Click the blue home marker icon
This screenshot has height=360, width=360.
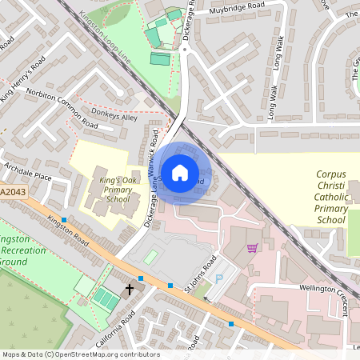click(180, 172)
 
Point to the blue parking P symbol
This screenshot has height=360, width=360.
click(220, 278)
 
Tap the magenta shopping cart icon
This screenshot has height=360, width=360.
click(253, 249)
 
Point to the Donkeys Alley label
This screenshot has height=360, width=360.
click(115, 117)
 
